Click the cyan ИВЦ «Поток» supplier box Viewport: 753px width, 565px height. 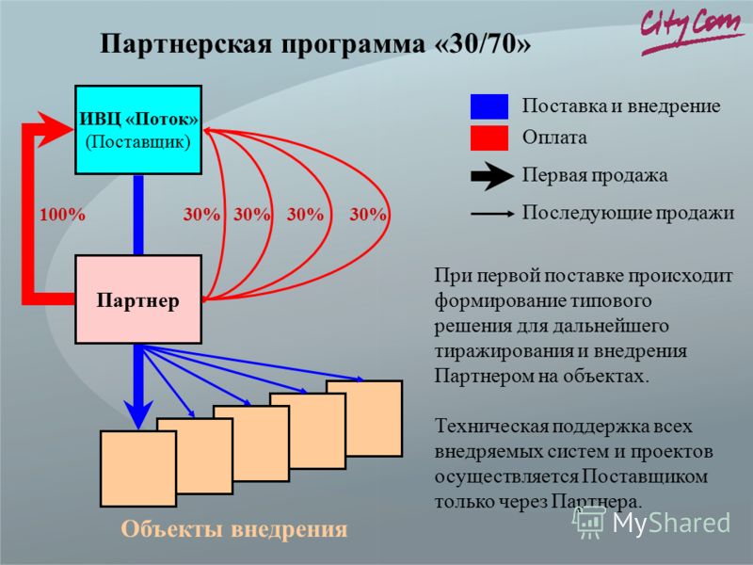click(138, 130)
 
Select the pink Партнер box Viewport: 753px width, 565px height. click(138, 299)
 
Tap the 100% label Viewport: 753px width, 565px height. click(62, 215)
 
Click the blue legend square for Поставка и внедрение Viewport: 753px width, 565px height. click(489, 106)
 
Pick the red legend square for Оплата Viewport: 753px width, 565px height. click(489, 138)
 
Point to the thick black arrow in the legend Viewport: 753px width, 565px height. click(492, 176)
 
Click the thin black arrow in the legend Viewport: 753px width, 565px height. click(492, 214)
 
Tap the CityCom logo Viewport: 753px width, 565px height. click(691, 30)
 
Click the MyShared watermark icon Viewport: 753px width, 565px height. click(589, 523)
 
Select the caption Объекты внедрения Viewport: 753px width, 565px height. click(233, 529)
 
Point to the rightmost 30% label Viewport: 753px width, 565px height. click(367, 215)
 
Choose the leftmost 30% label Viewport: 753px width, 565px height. click(201, 215)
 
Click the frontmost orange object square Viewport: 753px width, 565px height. click(138, 469)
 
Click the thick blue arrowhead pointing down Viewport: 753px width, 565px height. click(138, 414)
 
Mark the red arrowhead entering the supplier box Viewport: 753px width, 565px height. click(56, 129)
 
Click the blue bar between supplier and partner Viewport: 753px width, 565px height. click(138, 215)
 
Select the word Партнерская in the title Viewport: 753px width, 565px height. click(186, 44)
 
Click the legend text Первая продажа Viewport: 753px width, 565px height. click(595, 175)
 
